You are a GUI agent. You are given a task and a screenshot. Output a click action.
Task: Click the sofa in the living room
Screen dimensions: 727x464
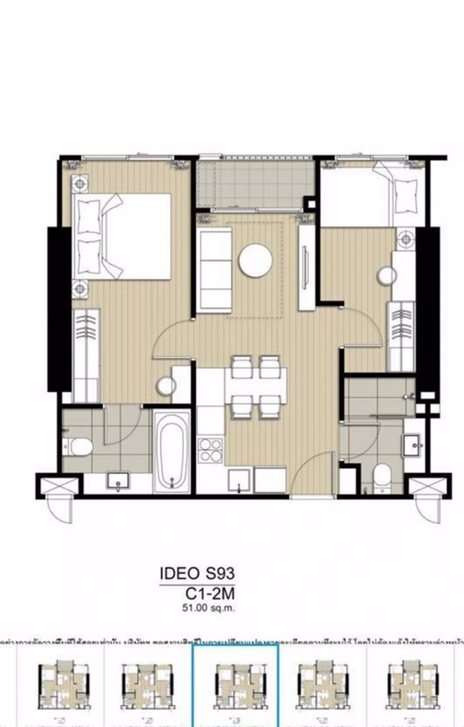coord(213,270)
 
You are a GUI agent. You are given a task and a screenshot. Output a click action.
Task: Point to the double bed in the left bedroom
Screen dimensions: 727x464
coord(124,236)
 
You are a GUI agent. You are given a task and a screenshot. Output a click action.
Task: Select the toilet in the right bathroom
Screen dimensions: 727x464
coord(383,476)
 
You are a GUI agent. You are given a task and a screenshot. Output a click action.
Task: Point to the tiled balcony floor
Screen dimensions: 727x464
coord(255,182)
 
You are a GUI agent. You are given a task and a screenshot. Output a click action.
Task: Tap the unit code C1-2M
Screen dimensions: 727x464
coord(210,594)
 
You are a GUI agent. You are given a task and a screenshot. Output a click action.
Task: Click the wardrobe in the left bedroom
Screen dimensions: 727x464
coord(86,355)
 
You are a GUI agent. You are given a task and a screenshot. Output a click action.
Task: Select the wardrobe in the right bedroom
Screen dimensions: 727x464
coord(401,336)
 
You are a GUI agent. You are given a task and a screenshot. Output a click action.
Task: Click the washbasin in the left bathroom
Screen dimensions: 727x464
coord(119,483)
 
